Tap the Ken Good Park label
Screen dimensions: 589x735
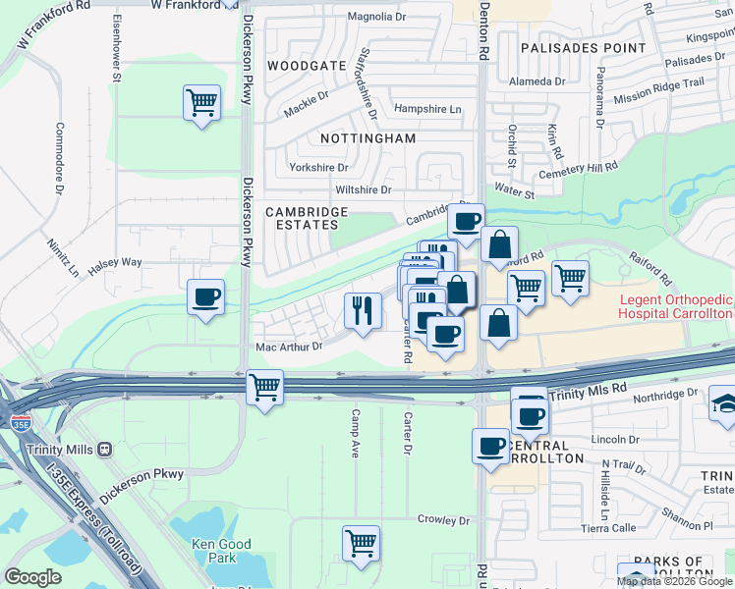(221, 551)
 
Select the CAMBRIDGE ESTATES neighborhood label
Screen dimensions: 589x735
(307, 218)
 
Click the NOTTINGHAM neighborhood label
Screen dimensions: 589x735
(367, 138)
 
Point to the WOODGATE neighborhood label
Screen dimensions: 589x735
(307, 66)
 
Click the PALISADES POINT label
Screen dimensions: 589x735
(583, 47)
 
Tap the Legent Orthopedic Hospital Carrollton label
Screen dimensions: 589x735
(676, 306)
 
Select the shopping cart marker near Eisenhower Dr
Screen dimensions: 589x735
(201, 101)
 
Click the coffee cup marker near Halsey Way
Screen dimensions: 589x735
(205, 296)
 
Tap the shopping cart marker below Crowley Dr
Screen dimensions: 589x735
(361, 543)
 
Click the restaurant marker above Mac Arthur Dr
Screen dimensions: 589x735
(363, 310)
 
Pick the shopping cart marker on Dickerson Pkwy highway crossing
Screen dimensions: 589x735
(264, 387)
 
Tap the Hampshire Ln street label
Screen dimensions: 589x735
(426, 109)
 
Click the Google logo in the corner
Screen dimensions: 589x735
(32, 577)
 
